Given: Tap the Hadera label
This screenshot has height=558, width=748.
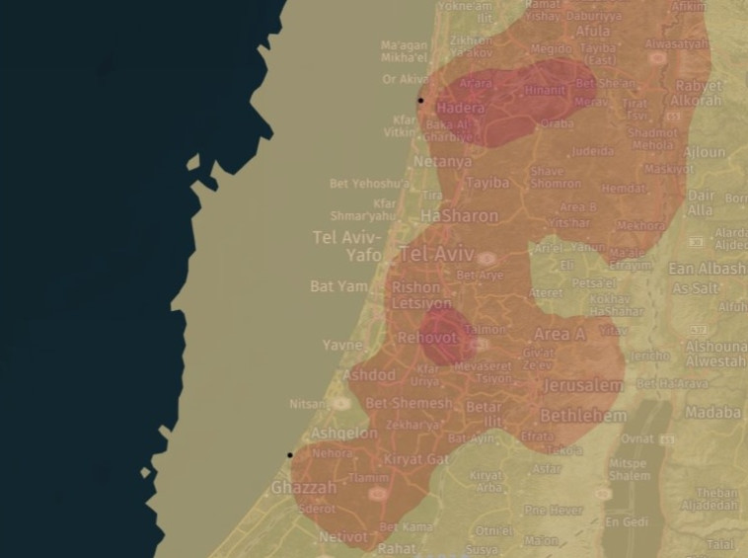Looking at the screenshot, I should (460, 108).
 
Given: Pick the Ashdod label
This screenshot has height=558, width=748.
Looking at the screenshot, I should (369, 375).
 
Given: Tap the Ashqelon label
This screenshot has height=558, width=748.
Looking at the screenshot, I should (344, 434).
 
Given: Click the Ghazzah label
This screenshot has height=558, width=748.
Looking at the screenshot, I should (304, 488).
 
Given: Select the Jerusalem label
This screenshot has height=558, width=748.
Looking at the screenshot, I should (582, 385).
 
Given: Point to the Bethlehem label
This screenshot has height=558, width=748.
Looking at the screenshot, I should (582, 416).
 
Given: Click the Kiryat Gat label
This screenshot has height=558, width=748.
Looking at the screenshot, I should (415, 459).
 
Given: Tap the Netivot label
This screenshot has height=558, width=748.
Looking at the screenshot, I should (343, 537).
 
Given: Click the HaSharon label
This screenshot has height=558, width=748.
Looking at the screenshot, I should (459, 214).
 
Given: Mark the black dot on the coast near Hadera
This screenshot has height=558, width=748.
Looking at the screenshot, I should (420, 100).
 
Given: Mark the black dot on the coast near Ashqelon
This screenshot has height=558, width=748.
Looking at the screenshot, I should (290, 455).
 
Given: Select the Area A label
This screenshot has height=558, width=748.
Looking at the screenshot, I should (559, 334).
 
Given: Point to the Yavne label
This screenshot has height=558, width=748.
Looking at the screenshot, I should (342, 346).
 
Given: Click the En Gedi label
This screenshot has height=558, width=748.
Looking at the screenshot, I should (626, 521).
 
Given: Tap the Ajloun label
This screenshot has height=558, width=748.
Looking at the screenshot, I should (704, 153).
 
